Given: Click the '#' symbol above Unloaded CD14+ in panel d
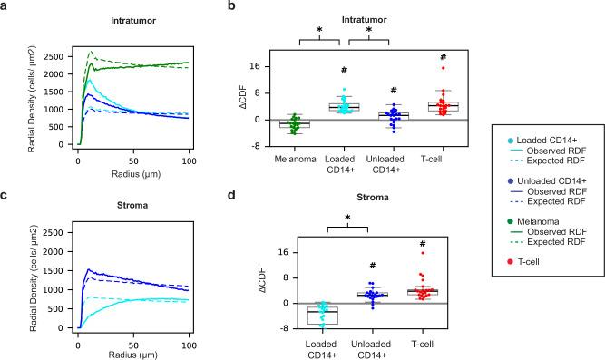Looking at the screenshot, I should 369,266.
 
